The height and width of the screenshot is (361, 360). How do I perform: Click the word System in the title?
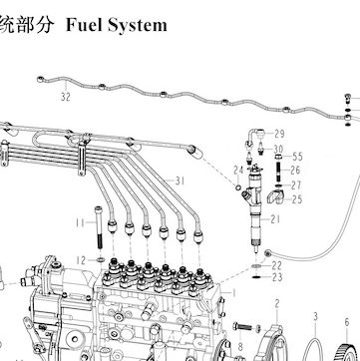(x=137, y=26)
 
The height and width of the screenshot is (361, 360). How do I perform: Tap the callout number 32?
(x=66, y=97)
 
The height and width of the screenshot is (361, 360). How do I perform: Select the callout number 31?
(x=180, y=181)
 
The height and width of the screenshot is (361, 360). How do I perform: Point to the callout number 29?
(x=279, y=134)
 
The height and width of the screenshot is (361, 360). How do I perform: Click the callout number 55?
(x=297, y=157)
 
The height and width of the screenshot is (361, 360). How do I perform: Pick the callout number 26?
(x=295, y=171)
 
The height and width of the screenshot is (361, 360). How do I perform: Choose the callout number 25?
(x=297, y=199)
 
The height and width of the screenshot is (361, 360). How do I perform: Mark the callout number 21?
(x=275, y=219)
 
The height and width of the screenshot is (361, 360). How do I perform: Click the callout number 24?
(x=238, y=171)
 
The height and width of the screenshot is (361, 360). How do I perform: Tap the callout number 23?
(x=277, y=277)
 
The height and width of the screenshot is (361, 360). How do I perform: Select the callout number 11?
(x=80, y=222)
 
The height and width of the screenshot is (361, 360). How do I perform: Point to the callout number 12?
(x=81, y=260)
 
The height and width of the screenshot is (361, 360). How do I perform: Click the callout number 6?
(x=347, y=322)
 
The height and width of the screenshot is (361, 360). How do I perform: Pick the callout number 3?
(x=316, y=316)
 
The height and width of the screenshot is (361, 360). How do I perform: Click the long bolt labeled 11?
(x=99, y=227)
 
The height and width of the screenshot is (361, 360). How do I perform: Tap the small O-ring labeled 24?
(x=238, y=187)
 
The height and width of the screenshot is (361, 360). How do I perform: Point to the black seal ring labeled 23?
(x=255, y=276)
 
